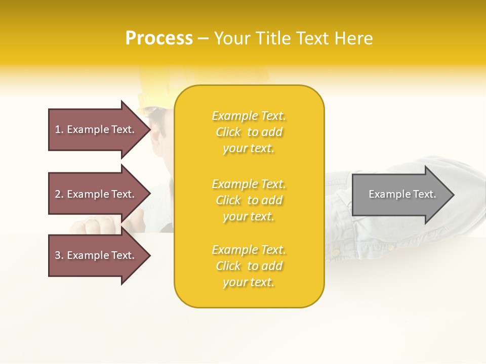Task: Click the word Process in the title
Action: click(159, 38)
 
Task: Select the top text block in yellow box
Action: click(249, 132)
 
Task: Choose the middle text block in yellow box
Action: click(249, 200)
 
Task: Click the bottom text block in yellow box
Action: click(249, 266)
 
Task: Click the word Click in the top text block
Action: click(228, 132)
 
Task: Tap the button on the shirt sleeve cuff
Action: click(335, 252)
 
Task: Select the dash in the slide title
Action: click(204, 39)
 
